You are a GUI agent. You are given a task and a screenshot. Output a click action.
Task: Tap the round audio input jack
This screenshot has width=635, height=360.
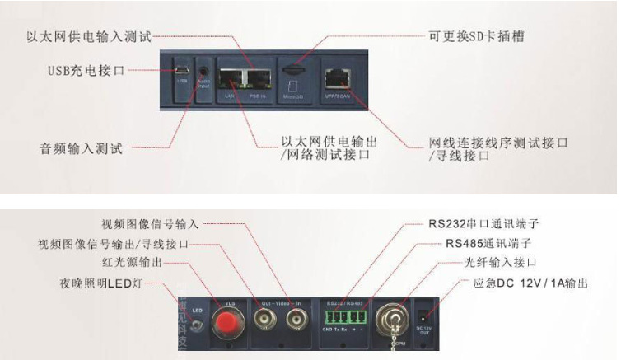[x=203, y=71]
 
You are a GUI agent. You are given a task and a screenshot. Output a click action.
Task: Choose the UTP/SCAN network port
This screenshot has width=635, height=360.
[x=336, y=77]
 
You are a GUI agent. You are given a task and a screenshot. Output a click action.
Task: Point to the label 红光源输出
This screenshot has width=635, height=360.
[x=133, y=263]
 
